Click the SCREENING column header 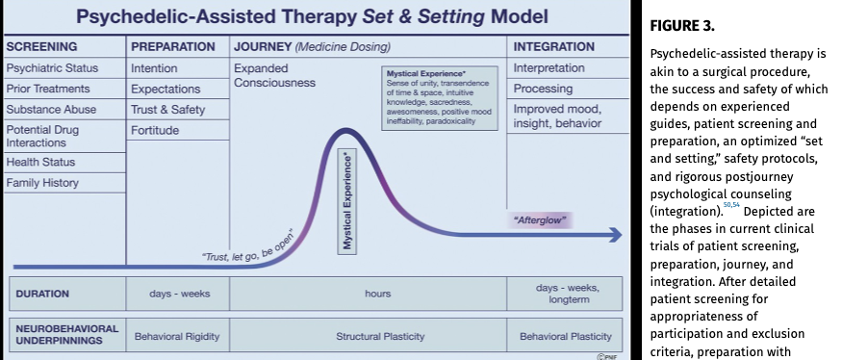42,47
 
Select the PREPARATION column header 173,47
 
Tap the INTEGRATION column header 553,47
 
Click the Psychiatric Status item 52,68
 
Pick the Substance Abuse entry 51,110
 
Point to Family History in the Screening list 42,183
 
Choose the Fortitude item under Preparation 155,131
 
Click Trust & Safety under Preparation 168,110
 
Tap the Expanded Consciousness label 274,76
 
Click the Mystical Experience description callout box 439,98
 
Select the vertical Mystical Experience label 348,201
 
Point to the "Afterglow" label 540,220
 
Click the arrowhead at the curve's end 616,235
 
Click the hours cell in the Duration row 378,294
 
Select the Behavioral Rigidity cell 177,337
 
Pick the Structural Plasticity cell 380,337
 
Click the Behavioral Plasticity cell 566,337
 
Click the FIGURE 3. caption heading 682,26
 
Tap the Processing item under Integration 543,89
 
